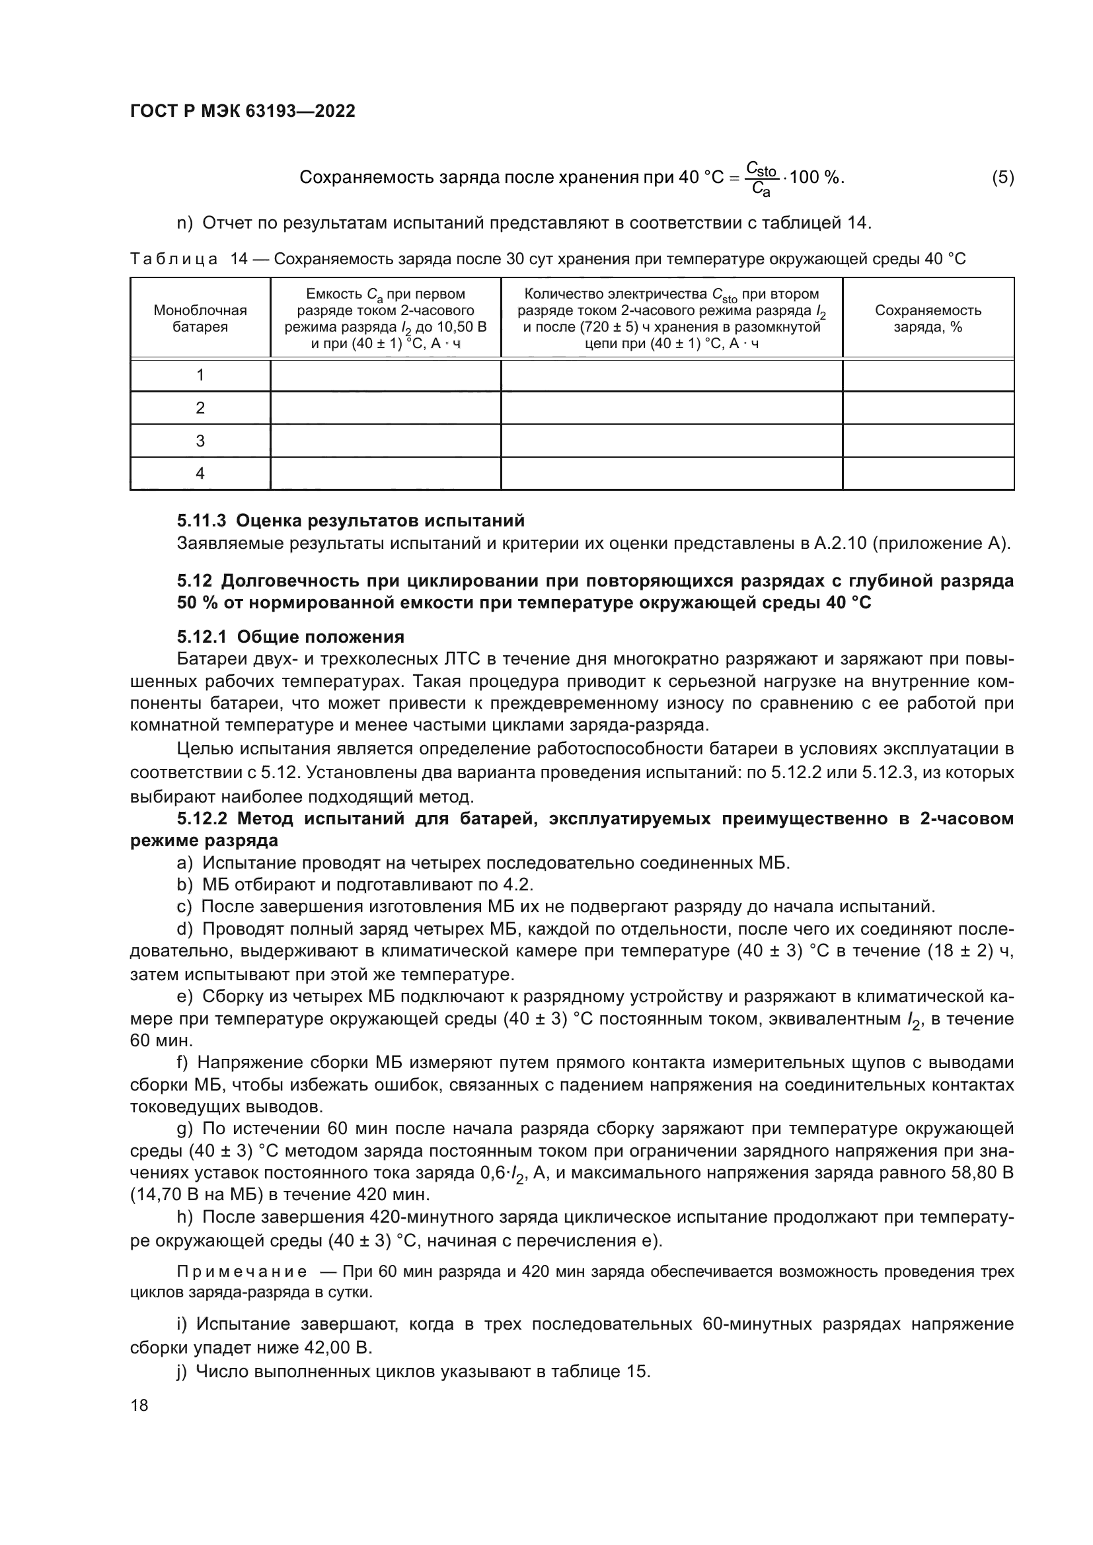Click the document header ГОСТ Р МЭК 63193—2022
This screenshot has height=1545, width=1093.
(243, 111)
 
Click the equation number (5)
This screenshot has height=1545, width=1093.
(1002, 178)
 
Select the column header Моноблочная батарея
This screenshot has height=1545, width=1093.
(200, 318)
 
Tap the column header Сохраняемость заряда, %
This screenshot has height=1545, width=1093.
(927, 318)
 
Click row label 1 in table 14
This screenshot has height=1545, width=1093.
(200, 375)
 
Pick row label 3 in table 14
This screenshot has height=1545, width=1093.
(200, 441)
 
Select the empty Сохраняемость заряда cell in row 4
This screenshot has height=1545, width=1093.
(927, 474)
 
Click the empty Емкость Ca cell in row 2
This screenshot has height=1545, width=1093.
(385, 408)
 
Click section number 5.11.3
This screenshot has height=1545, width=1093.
(202, 521)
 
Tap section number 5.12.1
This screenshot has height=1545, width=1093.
(202, 637)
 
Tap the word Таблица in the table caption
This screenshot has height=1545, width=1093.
(174, 259)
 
